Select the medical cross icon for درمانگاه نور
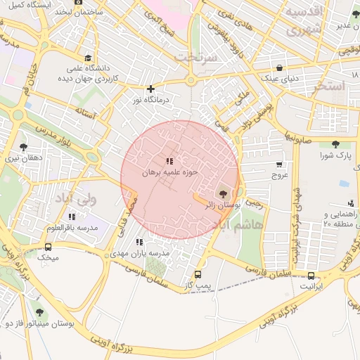(150, 89)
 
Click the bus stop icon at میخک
(48, 247)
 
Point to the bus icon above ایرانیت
(311, 275)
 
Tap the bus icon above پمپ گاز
(198, 274)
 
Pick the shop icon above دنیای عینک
(280, 67)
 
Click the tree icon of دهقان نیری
(24, 147)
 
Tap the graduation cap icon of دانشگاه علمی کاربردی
(87, 58)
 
